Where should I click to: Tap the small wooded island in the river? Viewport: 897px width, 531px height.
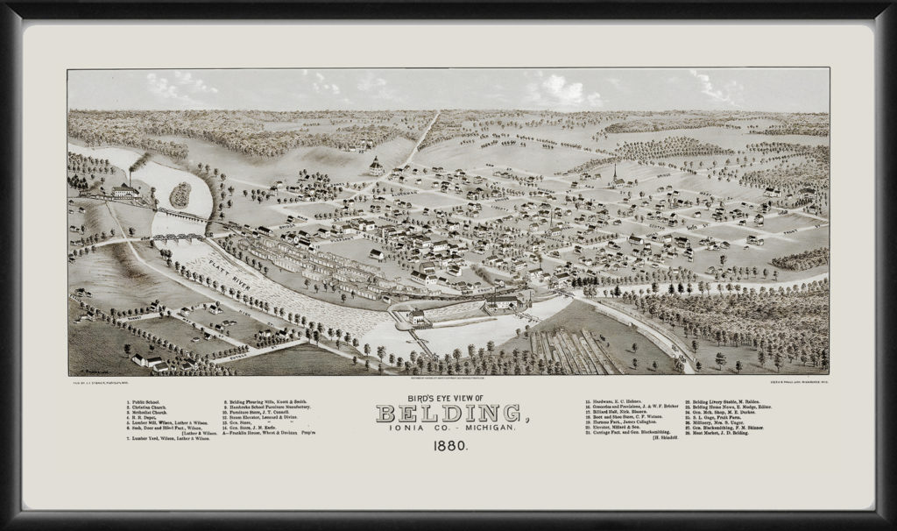pos(180,195)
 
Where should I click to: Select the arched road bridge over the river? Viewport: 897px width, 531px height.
pos(179,237)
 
